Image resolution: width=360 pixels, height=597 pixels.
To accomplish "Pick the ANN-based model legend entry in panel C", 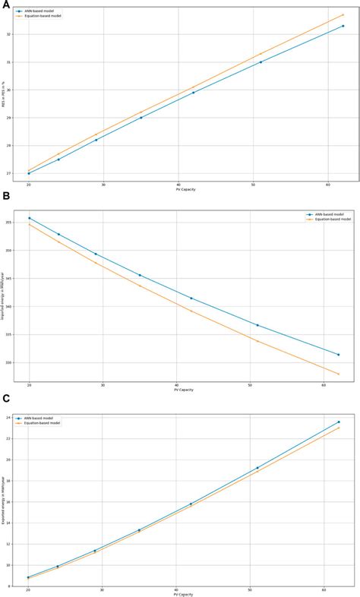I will tap(39, 418).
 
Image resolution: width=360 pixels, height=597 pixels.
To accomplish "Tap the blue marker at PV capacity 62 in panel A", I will tap(343, 26).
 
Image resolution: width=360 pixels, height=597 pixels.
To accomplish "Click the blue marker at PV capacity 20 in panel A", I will tap(29, 173).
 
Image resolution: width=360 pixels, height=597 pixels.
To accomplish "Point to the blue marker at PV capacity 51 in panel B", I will tap(257, 325).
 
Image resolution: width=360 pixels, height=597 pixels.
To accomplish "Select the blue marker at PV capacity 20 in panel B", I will tap(29, 218).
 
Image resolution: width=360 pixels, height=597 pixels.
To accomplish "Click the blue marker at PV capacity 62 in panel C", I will tap(339, 422).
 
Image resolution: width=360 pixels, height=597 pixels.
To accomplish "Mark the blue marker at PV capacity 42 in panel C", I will tap(191, 504).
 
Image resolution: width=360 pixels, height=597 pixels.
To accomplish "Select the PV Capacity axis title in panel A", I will tap(185, 190).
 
